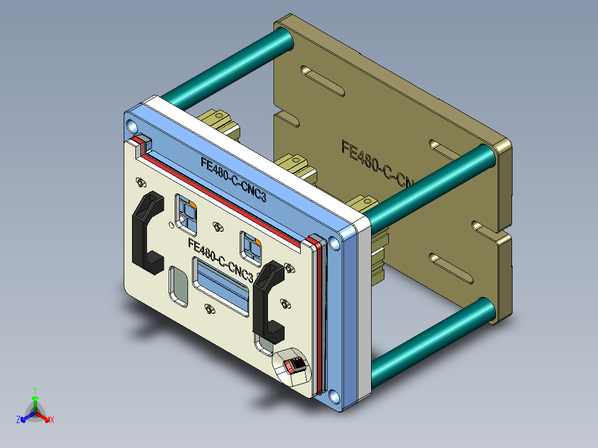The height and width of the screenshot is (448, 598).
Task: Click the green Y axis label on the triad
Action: tap(34, 389)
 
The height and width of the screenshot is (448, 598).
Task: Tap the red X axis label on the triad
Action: tap(52, 420)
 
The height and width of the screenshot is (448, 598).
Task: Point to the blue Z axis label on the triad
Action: tap(18, 420)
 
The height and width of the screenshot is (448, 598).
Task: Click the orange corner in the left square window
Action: tap(192, 205)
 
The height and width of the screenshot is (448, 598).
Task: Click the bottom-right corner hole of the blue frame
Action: tap(333, 396)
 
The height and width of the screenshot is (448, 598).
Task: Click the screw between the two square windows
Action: tap(217, 227)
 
